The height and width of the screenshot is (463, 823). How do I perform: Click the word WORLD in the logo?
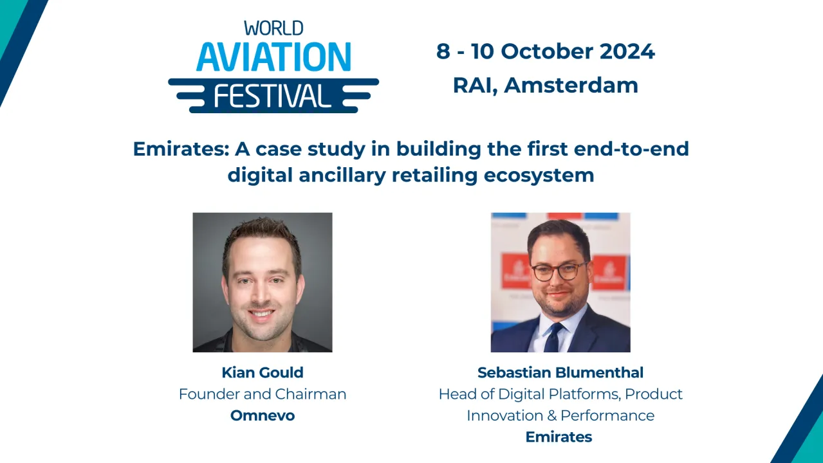(x=273, y=28)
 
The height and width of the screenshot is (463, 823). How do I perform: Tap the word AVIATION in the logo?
(x=273, y=57)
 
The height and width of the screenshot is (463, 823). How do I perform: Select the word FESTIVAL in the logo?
(x=273, y=96)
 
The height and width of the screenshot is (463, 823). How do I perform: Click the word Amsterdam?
(x=571, y=85)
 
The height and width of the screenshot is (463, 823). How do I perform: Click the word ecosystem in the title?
(x=539, y=176)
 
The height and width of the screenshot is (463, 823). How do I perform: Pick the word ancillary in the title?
(x=342, y=175)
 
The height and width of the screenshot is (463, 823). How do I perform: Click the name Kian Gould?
(x=263, y=373)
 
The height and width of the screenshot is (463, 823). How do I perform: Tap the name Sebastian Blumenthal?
(x=560, y=373)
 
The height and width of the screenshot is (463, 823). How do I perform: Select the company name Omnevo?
(x=263, y=415)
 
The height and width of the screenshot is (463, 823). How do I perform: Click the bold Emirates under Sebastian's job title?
(x=559, y=437)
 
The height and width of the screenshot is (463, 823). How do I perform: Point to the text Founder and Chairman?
(x=263, y=394)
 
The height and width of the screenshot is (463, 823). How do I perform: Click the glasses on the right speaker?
(x=559, y=272)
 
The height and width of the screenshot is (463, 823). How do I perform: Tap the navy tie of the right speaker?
(x=553, y=337)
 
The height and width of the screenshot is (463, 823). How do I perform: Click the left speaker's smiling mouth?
(x=261, y=314)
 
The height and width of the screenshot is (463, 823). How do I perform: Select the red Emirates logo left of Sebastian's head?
(x=516, y=271)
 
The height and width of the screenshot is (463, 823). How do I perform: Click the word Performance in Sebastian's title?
(x=607, y=416)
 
